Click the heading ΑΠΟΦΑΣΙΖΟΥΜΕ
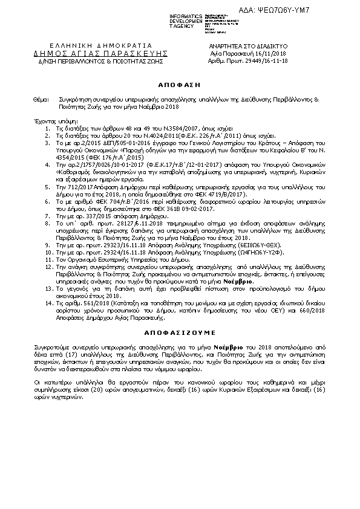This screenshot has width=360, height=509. (179, 332)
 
